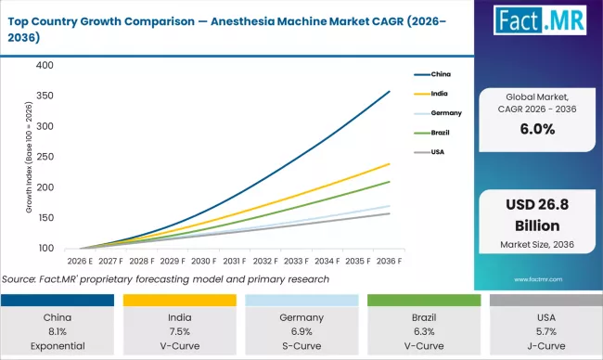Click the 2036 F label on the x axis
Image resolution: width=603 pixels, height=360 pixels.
tap(390, 263)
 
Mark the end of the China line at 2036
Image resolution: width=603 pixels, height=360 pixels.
tap(390, 91)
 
